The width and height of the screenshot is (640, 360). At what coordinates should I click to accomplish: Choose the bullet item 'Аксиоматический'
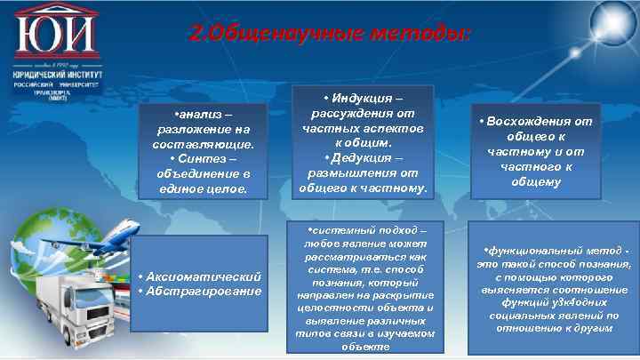click(202, 277)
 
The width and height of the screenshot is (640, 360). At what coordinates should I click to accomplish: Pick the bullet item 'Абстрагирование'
click(201, 292)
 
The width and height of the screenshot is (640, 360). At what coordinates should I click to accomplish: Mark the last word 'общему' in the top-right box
click(533, 181)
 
